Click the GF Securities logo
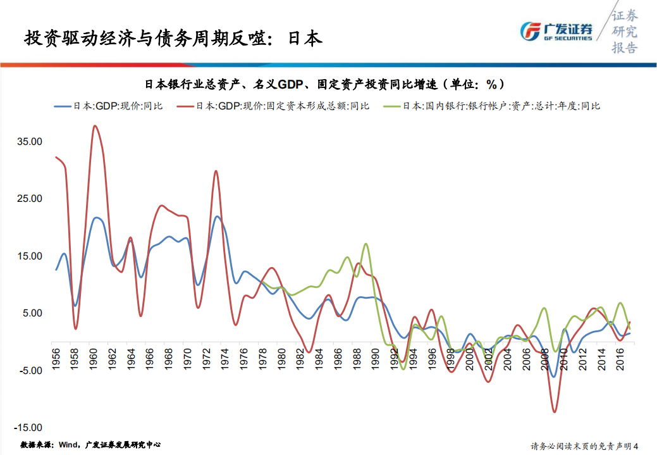pyautogui.click(x=556, y=31)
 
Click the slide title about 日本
pyautogui.click(x=173, y=39)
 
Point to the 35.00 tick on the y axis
pyautogui.click(x=30, y=142)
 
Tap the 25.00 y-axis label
pyautogui.click(x=30, y=199)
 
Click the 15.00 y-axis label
pyautogui.click(x=30, y=256)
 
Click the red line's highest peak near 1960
pyautogui.click(x=95, y=126)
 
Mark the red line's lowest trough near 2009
pyautogui.click(x=555, y=412)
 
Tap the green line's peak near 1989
pyautogui.click(x=366, y=244)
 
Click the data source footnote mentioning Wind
pyautogui.click(x=90, y=445)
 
